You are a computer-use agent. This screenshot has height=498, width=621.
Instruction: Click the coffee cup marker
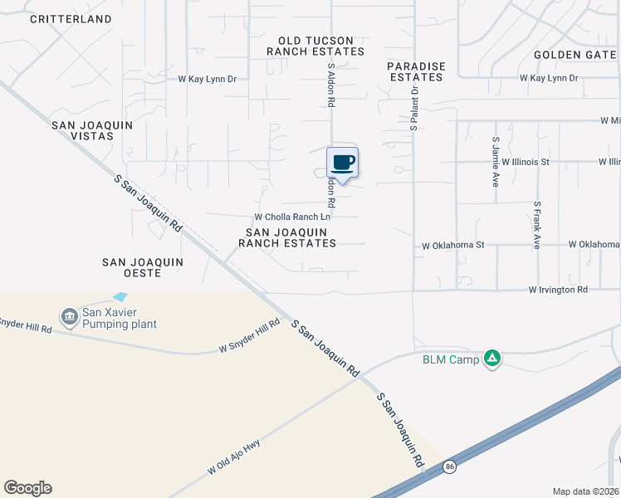342,162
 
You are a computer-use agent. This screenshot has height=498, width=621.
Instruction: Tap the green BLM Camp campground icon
492,359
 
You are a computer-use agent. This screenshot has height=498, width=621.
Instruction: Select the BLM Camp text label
451,359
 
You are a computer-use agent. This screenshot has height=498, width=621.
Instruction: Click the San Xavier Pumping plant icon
67,315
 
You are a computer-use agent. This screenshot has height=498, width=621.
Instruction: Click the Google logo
27,488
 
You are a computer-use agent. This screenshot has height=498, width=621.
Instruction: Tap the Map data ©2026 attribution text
585,491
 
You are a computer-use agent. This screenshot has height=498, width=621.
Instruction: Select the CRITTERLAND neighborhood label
71,18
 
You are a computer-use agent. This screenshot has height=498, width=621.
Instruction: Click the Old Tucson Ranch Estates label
315,46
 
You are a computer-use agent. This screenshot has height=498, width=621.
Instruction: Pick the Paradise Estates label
417,71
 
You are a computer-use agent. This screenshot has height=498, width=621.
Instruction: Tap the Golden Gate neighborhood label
576,55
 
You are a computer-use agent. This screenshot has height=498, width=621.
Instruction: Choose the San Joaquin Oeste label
142,261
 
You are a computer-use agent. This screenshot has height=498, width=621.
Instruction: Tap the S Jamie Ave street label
496,161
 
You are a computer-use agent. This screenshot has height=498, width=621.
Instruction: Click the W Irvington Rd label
558,290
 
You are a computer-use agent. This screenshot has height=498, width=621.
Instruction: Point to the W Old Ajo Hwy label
240,457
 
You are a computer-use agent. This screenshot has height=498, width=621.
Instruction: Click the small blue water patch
120,296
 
